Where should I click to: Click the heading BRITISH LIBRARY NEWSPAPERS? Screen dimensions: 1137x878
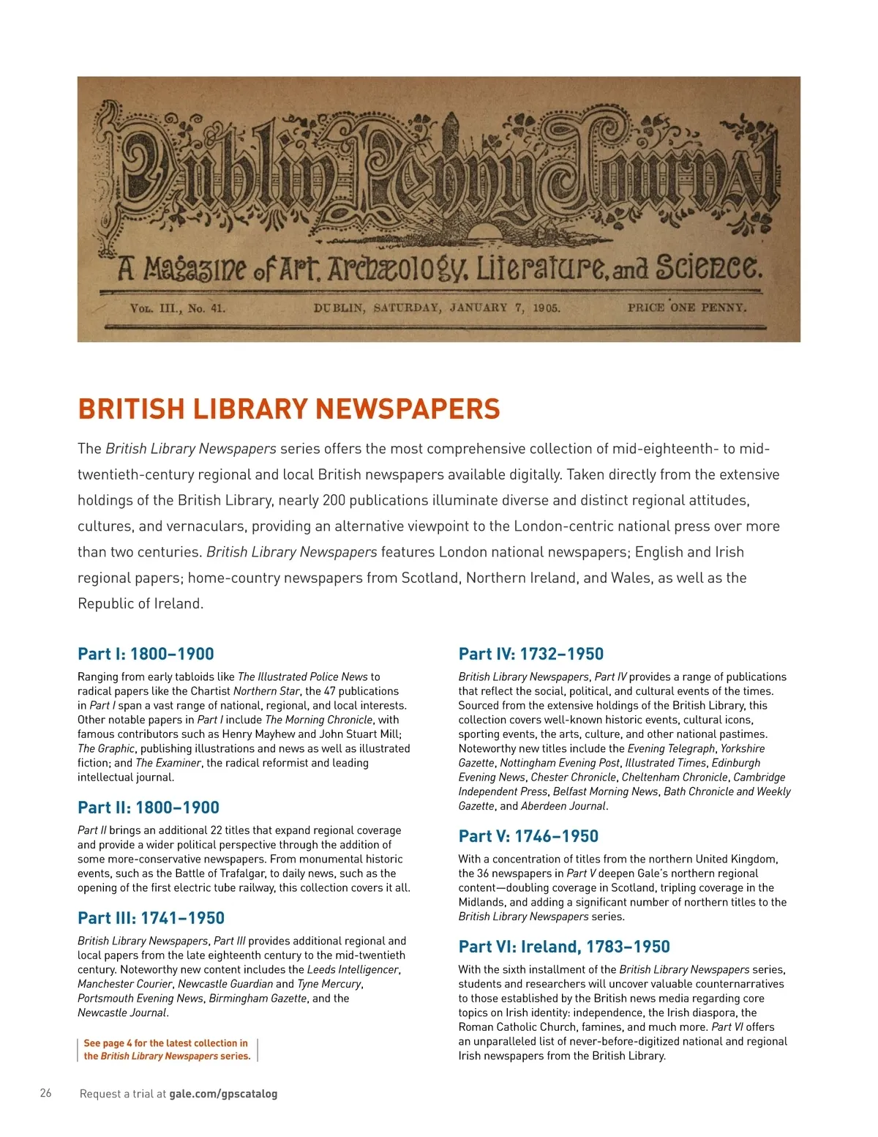point(289,409)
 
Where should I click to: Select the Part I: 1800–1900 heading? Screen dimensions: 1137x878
point(146,654)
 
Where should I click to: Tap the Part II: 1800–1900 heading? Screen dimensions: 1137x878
point(149,808)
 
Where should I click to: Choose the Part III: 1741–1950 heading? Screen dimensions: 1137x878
point(151,918)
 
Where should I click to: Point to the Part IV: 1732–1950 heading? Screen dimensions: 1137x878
point(530,654)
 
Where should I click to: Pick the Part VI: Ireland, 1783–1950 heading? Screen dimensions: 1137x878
point(564,947)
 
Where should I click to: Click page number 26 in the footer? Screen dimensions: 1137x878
point(46,1093)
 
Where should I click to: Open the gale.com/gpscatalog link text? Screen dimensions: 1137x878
point(223,1094)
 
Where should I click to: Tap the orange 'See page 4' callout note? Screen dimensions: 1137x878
point(167,1049)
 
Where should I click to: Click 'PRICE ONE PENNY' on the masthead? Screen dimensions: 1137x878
point(686,307)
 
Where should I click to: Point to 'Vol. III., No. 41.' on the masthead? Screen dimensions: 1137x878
point(178,308)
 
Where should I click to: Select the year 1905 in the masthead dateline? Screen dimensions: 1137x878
point(546,308)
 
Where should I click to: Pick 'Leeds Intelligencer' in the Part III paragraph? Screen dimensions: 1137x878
point(353,969)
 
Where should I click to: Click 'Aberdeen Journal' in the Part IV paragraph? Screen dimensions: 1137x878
point(563,806)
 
